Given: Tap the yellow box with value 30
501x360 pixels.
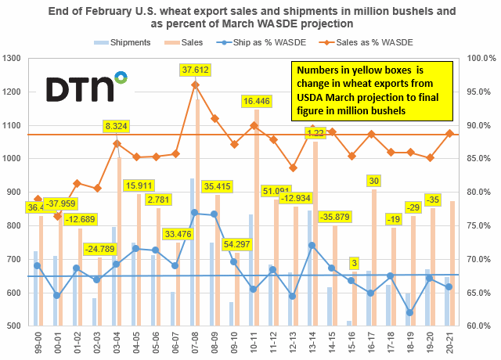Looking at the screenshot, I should pyautogui.click(x=374, y=181).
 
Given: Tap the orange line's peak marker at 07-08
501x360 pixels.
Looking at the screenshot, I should pyautogui.click(x=196, y=85).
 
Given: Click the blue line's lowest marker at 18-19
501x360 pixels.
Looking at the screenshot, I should pyautogui.click(x=409, y=312).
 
